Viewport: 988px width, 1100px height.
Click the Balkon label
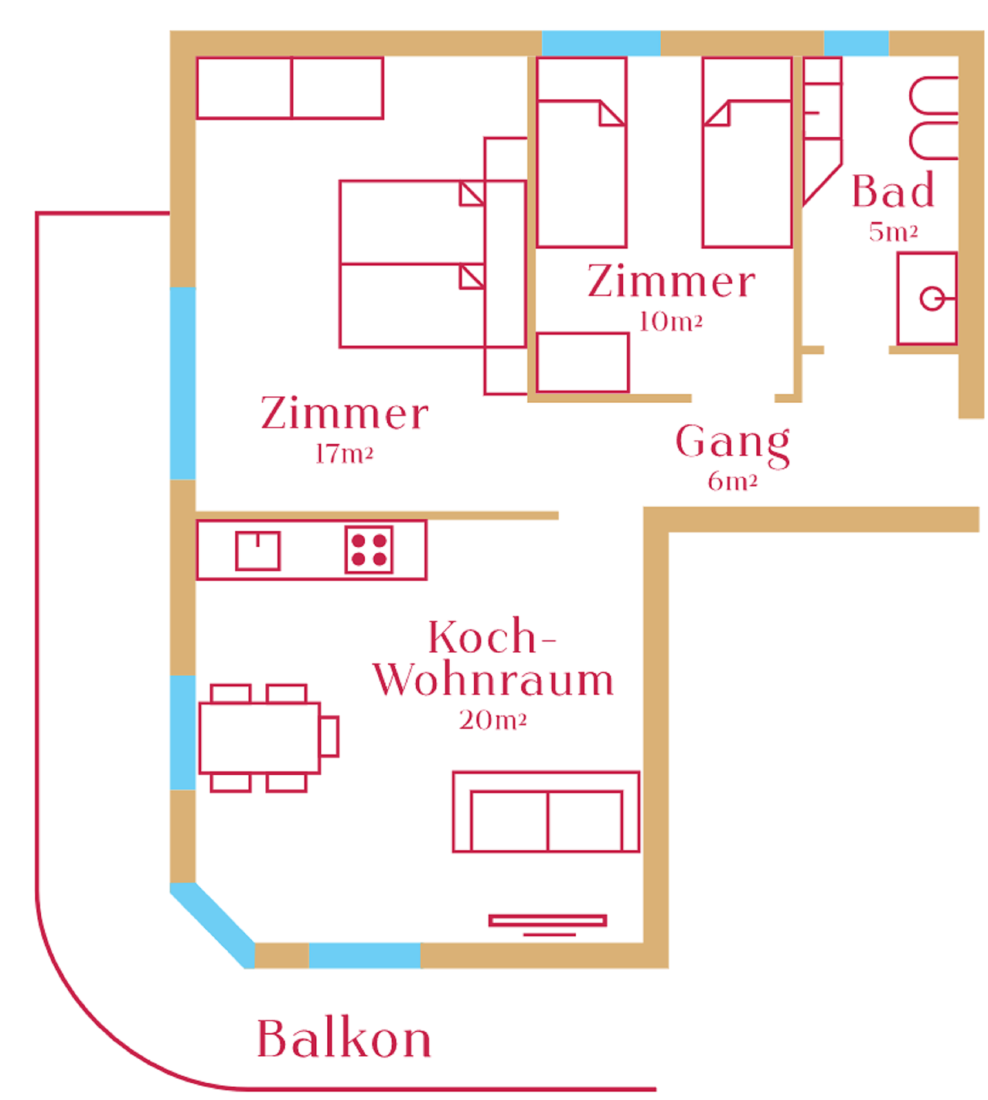coord(344,1039)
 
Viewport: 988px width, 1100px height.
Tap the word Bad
coord(893,191)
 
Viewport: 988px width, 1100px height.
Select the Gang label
coord(732,442)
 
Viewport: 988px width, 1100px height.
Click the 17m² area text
coord(344,454)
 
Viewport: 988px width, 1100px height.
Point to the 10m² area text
coord(670,321)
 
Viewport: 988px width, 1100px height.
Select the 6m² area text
coord(732,482)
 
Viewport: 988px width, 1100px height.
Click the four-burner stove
coord(368,550)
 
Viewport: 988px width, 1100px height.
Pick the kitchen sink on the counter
coord(257,551)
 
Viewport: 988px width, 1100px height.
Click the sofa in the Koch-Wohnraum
coord(546,812)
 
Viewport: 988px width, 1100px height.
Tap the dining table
coord(259,738)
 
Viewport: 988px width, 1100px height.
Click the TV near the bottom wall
coord(547,921)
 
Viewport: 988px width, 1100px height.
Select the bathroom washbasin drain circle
coord(931,299)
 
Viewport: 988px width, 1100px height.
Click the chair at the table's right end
coord(329,737)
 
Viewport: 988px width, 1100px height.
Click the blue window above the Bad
coord(856,43)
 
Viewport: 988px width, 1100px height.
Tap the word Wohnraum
coord(493,680)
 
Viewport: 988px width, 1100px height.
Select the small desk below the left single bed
coord(582,362)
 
